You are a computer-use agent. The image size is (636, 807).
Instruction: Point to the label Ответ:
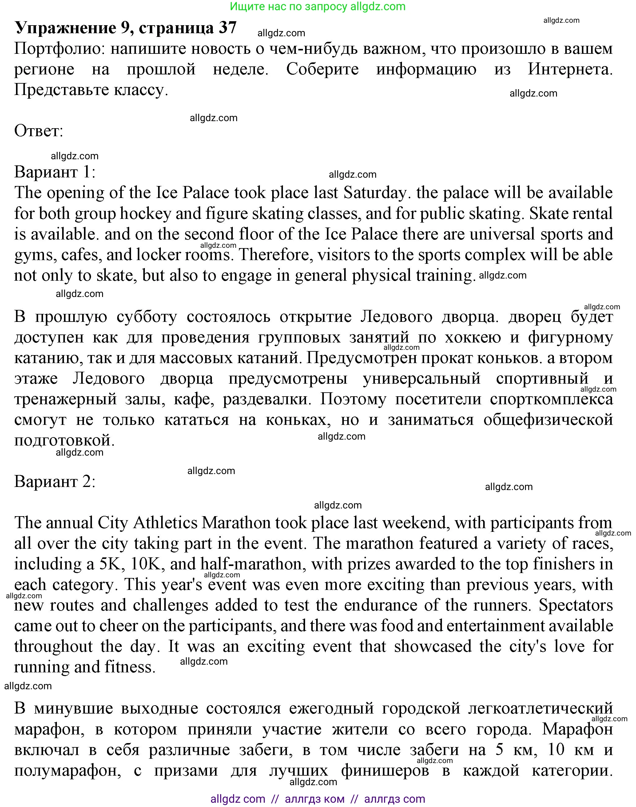tap(39, 131)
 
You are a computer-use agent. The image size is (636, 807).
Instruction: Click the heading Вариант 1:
tap(55, 172)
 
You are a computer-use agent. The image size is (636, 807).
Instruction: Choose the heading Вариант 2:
tap(55, 482)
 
